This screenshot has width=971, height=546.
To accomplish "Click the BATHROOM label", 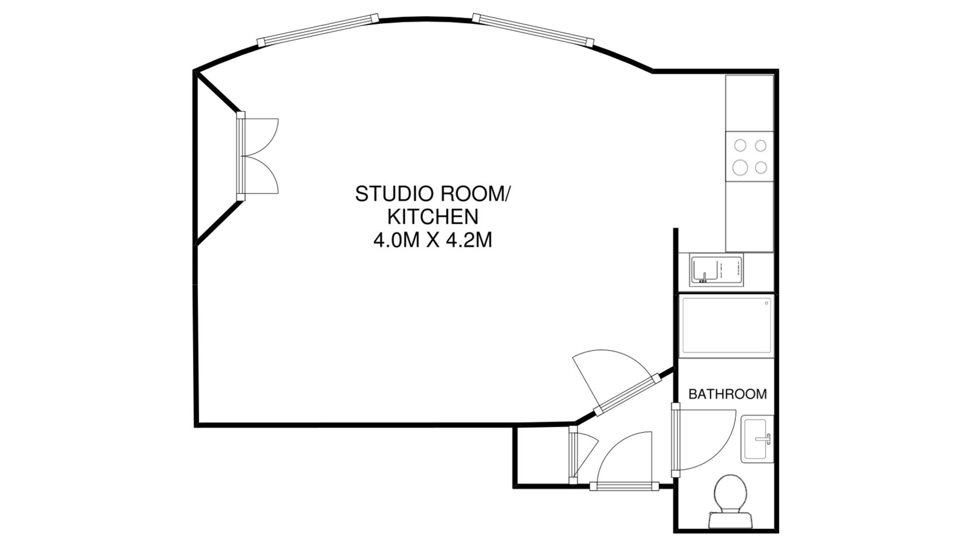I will point(727,394).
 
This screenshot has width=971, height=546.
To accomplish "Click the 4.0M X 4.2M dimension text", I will point(432,241).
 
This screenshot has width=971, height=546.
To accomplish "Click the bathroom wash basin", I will point(757,439).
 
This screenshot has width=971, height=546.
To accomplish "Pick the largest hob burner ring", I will point(740,166).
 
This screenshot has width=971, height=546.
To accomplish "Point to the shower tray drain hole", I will point(767,303).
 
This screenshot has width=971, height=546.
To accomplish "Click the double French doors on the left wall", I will point(242,156).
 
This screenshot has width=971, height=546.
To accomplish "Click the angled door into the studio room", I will point(627,394).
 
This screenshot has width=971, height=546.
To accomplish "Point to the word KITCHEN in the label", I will point(432,217).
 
